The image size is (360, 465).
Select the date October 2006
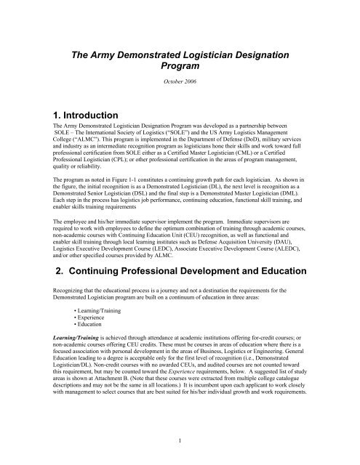(180, 92)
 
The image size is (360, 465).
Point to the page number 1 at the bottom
(180, 440)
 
